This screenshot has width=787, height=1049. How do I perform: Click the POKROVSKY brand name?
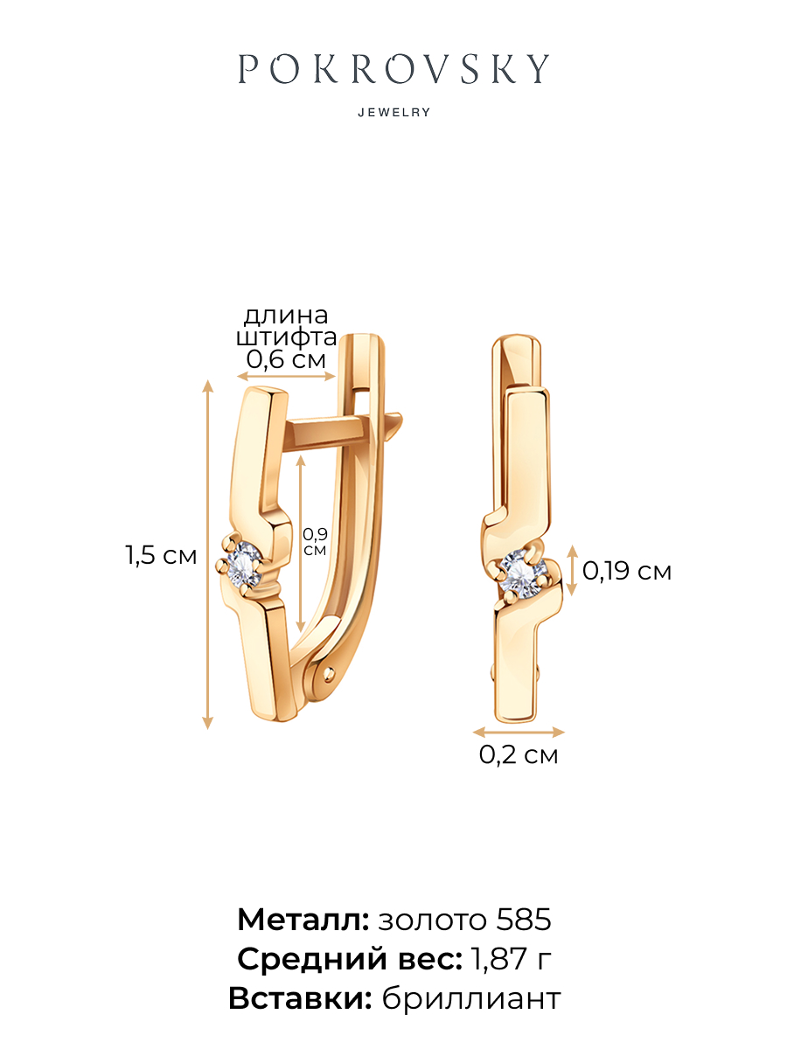pyautogui.click(x=393, y=69)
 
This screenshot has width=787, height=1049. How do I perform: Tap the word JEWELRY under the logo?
pyautogui.click(x=393, y=113)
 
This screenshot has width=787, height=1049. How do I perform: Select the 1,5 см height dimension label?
pyautogui.click(x=161, y=555)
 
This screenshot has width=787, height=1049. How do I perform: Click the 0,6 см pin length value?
pyautogui.click(x=286, y=359)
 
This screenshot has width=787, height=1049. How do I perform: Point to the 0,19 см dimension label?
pyautogui.click(x=626, y=571)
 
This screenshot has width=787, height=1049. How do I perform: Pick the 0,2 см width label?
pyautogui.click(x=519, y=754)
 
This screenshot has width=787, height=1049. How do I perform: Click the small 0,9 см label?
pyautogui.click(x=315, y=542)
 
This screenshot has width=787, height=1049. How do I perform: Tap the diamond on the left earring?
pyautogui.click(x=244, y=565)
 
